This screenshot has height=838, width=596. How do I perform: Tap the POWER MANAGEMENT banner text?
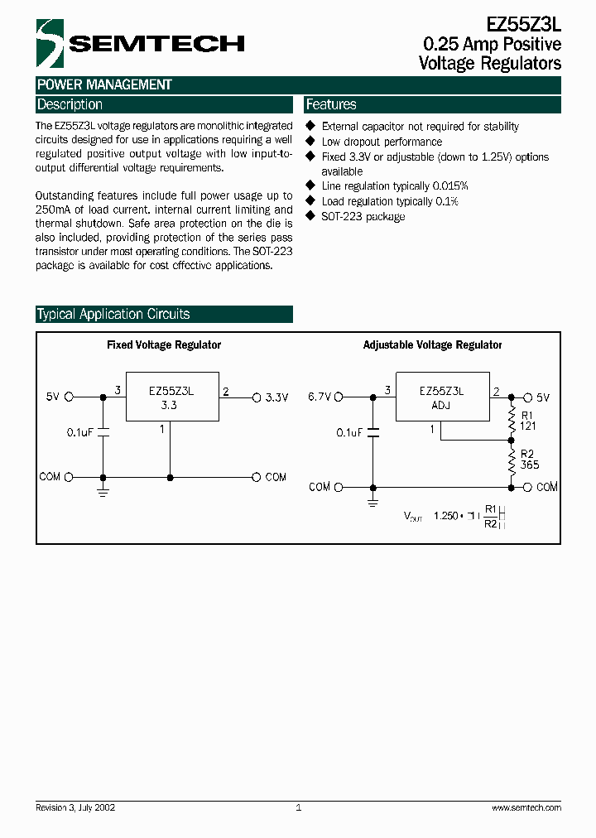tap(104, 84)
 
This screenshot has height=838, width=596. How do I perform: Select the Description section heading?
tap(70, 105)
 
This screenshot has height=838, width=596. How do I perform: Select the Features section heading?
tap(331, 105)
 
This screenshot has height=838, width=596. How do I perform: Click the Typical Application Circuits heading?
tap(113, 315)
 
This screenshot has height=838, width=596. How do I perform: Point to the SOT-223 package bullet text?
tap(363, 216)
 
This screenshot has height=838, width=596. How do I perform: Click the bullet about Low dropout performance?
tap(382, 142)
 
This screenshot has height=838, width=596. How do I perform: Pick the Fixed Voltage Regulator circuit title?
tap(164, 344)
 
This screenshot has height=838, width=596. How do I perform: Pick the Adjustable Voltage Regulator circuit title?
tap(432, 344)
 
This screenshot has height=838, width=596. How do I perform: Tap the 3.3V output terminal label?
tap(276, 397)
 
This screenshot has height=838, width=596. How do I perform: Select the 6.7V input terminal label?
tap(319, 397)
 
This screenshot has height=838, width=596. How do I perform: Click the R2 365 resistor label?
tap(529, 459)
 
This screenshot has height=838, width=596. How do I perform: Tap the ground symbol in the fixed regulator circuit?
tap(103, 492)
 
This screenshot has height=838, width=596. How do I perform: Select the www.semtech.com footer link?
tap(526, 807)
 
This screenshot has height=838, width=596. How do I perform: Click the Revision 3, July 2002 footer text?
tap(75, 807)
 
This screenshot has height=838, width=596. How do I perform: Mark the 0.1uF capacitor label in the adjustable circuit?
tap(349, 432)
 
